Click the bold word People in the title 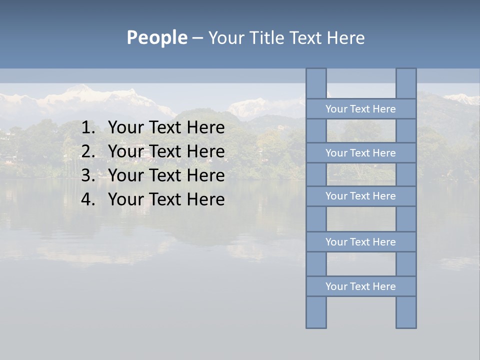click(x=156, y=37)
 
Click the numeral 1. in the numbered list click(x=88, y=128)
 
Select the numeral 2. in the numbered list click(x=88, y=151)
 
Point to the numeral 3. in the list click(x=88, y=175)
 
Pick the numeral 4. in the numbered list click(x=88, y=199)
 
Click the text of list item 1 click(x=166, y=128)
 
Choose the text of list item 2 click(x=166, y=151)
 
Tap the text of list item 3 click(x=166, y=175)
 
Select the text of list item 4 click(x=166, y=199)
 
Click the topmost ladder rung click(x=360, y=109)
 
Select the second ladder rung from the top click(x=360, y=153)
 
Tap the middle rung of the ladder click(x=360, y=196)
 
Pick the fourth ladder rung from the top click(x=360, y=242)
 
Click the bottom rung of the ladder click(x=360, y=286)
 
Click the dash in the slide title click(x=197, y=38)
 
